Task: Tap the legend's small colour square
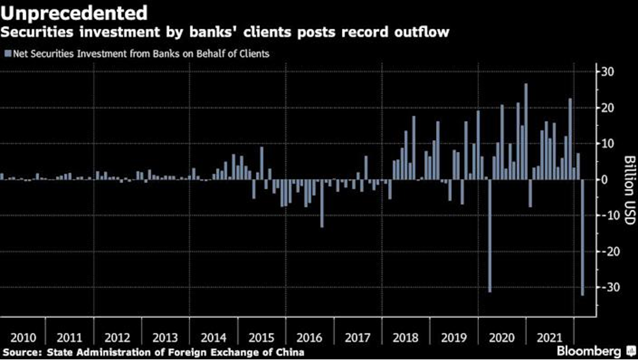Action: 7,54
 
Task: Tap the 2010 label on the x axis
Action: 24,338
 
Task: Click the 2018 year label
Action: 405,338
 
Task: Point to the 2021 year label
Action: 550,338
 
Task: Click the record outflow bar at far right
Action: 582,237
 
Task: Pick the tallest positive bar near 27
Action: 526,132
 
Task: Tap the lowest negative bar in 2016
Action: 322,203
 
